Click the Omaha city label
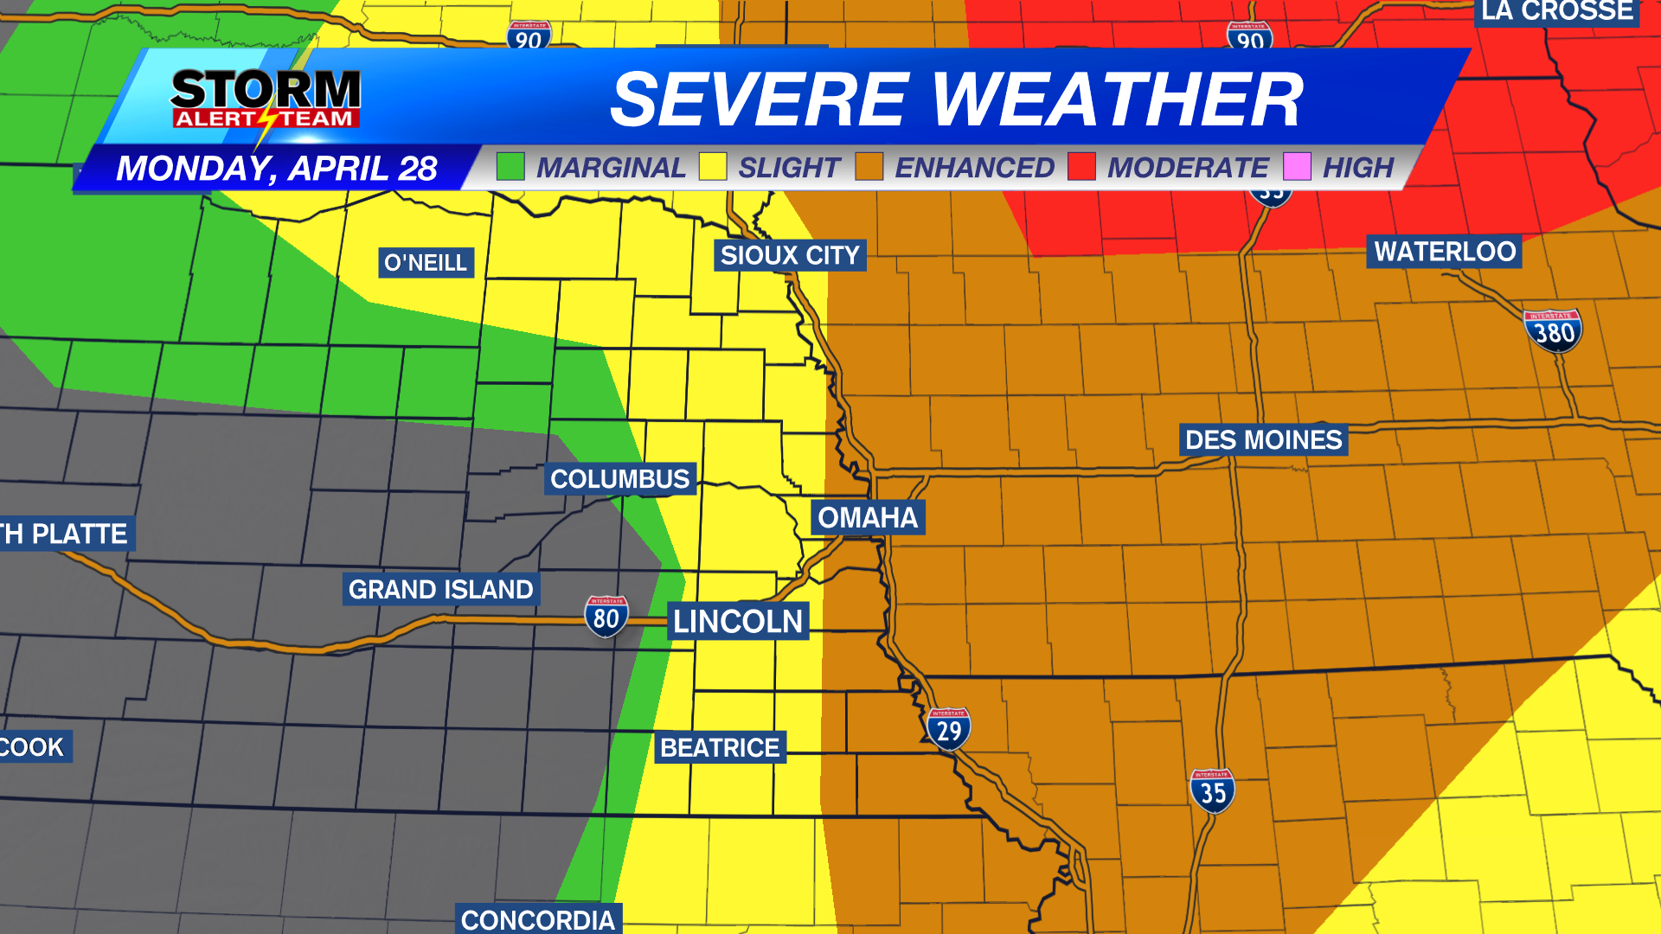868,517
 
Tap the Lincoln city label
738,621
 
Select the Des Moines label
1263,439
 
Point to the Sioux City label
790,255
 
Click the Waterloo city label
1444,252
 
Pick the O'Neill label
426,262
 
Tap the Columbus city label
619,478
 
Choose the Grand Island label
440,589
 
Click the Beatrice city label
720,747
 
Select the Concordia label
537,919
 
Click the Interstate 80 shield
606,617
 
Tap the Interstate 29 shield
948,729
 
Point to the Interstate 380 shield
1553,330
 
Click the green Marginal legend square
510,166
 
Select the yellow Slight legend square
713,166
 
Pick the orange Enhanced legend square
869,166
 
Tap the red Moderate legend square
1081,166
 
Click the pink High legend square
1297,166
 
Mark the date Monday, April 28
277,169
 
